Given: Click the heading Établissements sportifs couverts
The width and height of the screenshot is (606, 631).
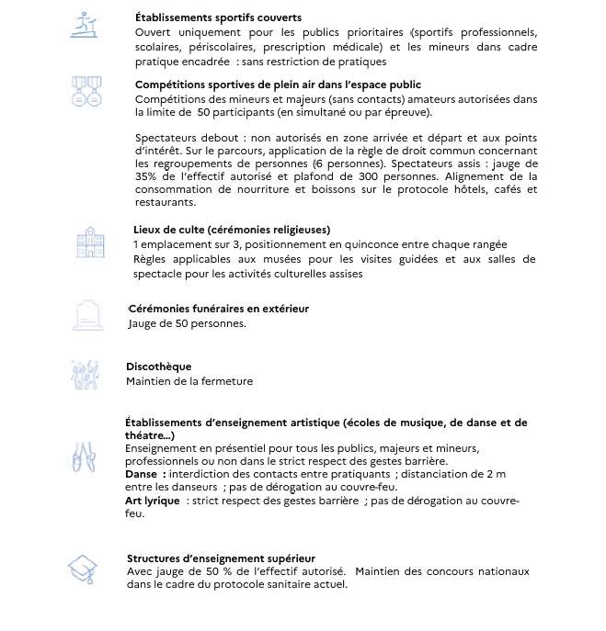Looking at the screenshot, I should (x=218, y=17).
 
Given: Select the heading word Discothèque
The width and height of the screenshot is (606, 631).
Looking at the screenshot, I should (x=158, y=366).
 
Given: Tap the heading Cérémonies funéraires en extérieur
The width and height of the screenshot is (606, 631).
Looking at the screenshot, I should (x=219, y=309).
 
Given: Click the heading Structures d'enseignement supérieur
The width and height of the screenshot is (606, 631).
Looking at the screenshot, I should (x=221, y=558).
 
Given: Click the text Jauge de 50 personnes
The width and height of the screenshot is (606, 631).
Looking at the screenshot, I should (x=187, y=323).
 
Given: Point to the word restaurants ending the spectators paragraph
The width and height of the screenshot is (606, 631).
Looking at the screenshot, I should (x=165, y=202).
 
